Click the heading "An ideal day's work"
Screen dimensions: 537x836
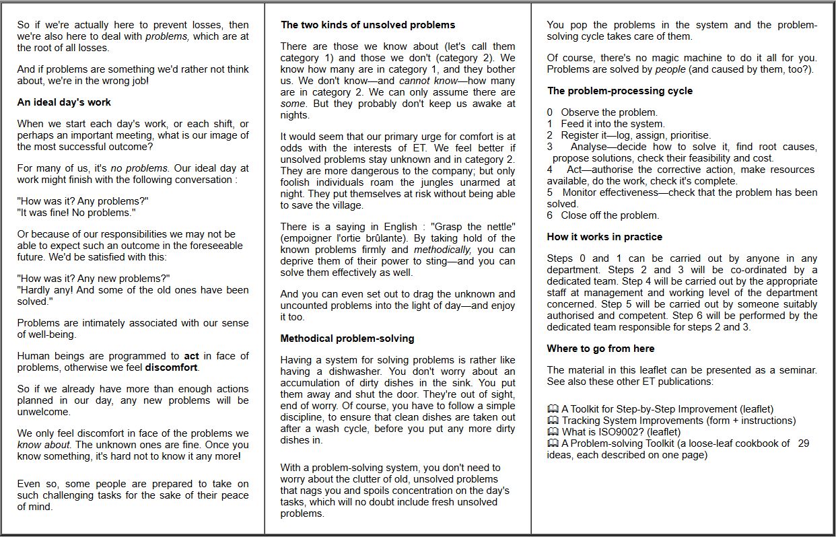[64, 102]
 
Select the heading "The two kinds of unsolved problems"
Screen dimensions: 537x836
[368, 25]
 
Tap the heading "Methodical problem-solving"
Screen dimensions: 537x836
[347, 338]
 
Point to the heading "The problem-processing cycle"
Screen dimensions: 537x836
[619, 91]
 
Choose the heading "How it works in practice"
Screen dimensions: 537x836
[604, 237]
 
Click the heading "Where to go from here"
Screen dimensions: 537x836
[600, 349]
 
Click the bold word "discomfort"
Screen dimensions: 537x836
[171, 367]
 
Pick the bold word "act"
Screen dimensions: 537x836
[192, 356]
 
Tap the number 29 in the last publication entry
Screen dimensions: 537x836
[803, 443]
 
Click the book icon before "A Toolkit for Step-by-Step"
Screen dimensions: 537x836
[553, 409]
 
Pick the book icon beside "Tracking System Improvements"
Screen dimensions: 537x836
[553, 421]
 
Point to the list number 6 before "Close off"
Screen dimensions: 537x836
[550, 215]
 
